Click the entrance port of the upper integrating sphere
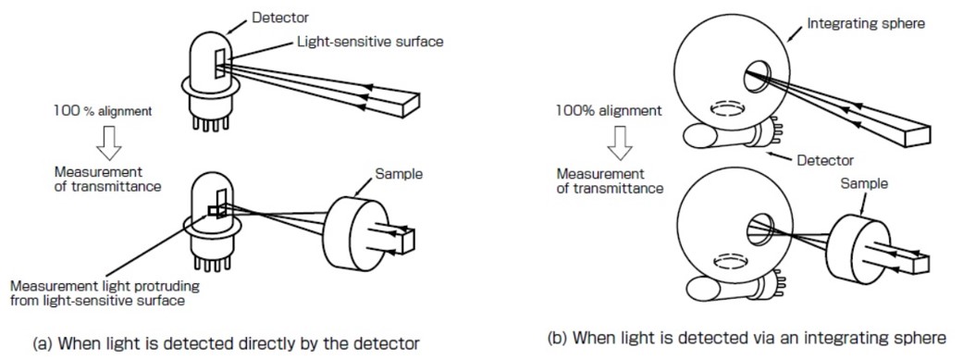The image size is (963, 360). [754, 82]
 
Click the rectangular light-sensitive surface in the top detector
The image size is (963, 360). [219, 61]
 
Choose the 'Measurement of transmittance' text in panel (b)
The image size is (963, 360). [610, 181]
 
